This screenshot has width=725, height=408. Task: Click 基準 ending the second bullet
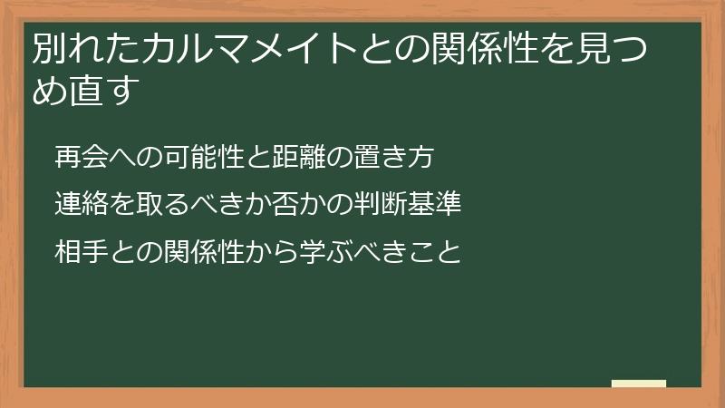pos(437,204)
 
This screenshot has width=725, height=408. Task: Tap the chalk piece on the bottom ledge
pos(639,384)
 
